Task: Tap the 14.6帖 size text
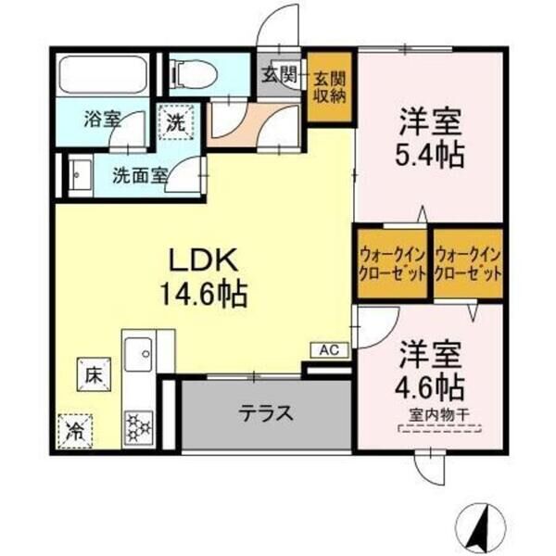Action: (203, 295)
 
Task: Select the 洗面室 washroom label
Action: (140, 173)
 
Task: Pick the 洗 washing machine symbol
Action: (176, 121)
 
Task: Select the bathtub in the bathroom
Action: (101, 73)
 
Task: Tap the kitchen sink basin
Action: (140, 352)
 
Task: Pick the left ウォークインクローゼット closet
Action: (391, 264)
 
